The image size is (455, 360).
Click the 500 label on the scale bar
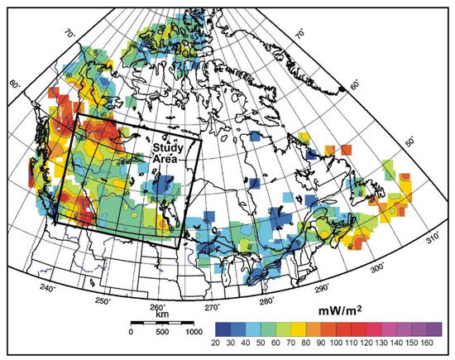pos(162,331)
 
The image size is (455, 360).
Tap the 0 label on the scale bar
pos(131,331)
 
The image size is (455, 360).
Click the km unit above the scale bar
pos(161,315)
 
